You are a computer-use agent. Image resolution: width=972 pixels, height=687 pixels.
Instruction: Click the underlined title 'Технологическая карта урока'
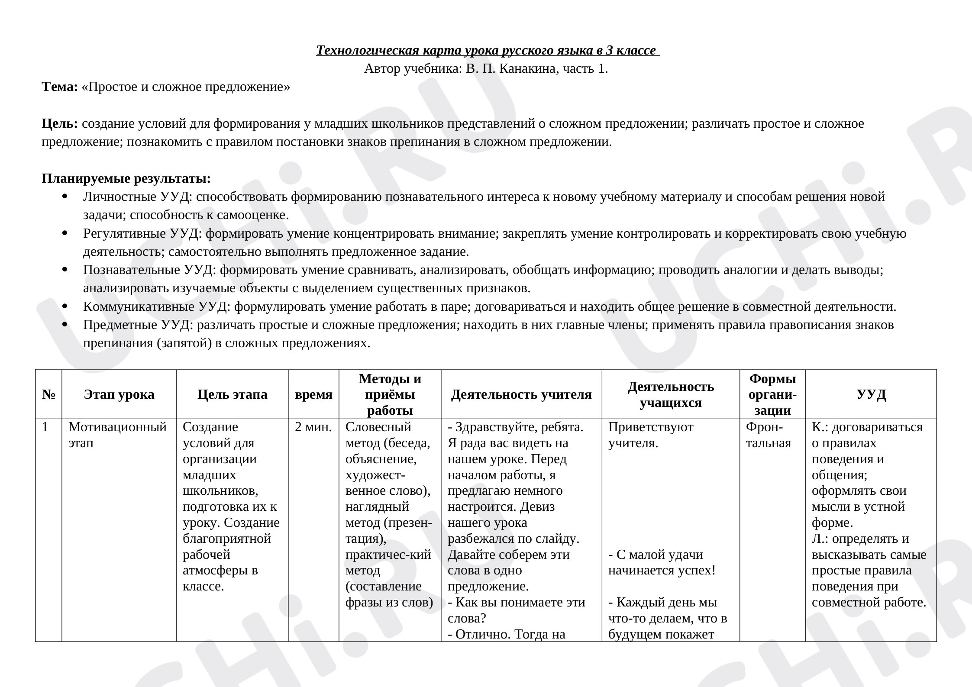coord(488,50)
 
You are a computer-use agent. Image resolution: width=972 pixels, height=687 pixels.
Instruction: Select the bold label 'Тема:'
coord(59,87)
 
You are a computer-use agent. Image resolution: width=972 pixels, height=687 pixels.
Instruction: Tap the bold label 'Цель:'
coord(59,124)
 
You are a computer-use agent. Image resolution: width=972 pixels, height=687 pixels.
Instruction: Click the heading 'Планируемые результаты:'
coord(126,178)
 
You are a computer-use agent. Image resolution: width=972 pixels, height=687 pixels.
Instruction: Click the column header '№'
coord(48,394)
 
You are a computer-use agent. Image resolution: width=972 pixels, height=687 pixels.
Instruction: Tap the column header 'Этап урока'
coord(119,394)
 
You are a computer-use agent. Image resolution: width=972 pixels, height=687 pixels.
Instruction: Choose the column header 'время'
coord(313,394)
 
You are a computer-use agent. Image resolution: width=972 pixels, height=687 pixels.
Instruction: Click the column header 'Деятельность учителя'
coord(521,394)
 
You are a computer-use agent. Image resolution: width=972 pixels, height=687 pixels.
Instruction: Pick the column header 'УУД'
coord(871,394)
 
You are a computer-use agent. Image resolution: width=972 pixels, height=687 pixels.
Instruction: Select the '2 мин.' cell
coord(313,427)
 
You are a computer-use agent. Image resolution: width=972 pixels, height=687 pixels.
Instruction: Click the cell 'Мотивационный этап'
coord(117,435)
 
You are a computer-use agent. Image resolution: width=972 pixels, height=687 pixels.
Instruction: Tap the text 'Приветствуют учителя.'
coord(650,435)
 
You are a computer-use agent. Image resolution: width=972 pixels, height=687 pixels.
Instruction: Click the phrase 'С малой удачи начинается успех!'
coord(662,562)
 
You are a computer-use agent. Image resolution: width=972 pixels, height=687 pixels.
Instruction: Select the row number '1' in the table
coord(45,427)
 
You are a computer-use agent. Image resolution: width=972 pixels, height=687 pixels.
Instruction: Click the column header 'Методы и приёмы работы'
coord(390,394)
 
